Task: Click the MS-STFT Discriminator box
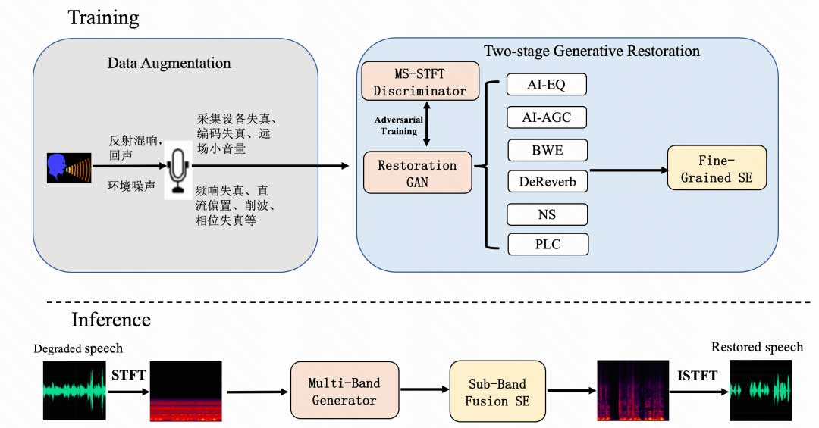pos(420,81)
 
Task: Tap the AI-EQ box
pos(547,84)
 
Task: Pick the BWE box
pos(547,150)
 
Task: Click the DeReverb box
pos(547,182)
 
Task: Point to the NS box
pos(547,214)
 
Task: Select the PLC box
pos(547,245)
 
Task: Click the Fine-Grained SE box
pos(717,169)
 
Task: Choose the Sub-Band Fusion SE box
pos(496,390)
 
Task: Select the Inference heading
pos(111,320)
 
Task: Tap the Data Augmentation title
pos(169,62)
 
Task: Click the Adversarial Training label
pos(399,126)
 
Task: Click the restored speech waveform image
pos(760,390)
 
